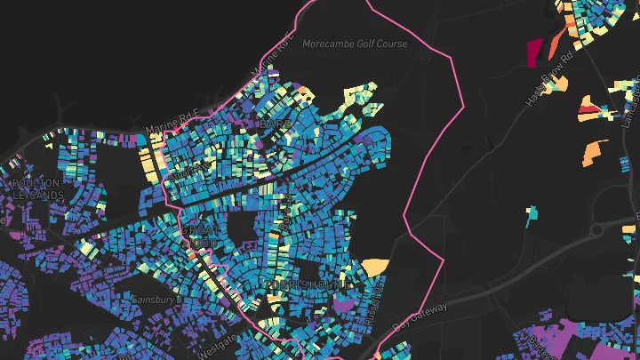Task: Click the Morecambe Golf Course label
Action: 354,44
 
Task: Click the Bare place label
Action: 271,125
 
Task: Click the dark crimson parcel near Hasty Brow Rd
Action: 536,52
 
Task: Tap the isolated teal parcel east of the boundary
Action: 532,212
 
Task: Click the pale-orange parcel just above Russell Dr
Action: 375,266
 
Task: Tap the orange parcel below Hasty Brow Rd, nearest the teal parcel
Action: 593,154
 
